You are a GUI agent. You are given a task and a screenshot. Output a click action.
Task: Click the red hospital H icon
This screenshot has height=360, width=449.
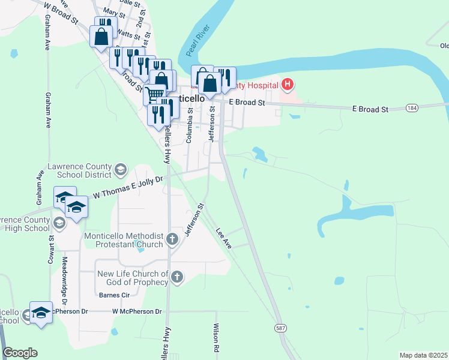(x=288, y=85)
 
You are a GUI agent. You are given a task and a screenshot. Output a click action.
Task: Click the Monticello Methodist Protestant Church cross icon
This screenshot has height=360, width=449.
(x=172, y=240)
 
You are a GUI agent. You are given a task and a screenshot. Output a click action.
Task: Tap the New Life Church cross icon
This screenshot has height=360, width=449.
(x=176, y=277)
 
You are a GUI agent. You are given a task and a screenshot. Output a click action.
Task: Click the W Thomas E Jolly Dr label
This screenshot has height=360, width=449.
(x=128, y=188)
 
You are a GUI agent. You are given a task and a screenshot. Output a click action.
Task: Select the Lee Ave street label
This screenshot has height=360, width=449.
(x=223, y=238)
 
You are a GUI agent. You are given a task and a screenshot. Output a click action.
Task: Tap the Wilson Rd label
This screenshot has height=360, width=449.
(x=215, y=338)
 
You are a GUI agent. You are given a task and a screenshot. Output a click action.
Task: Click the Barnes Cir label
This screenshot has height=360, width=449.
(x=114, y=295)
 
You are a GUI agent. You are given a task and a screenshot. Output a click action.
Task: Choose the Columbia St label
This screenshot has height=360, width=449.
(x=189, y=125)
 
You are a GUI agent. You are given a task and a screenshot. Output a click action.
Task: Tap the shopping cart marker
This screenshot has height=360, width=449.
(x=154, y=94)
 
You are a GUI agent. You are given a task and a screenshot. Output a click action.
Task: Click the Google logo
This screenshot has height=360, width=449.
(x=20, y=353)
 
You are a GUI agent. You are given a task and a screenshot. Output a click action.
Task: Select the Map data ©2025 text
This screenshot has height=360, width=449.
(x=423, y=355)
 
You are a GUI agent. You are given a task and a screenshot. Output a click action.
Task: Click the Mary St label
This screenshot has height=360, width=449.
(x=110, y=11)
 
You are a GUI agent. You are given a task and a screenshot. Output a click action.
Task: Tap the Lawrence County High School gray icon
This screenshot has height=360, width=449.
(x=59, y=223)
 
